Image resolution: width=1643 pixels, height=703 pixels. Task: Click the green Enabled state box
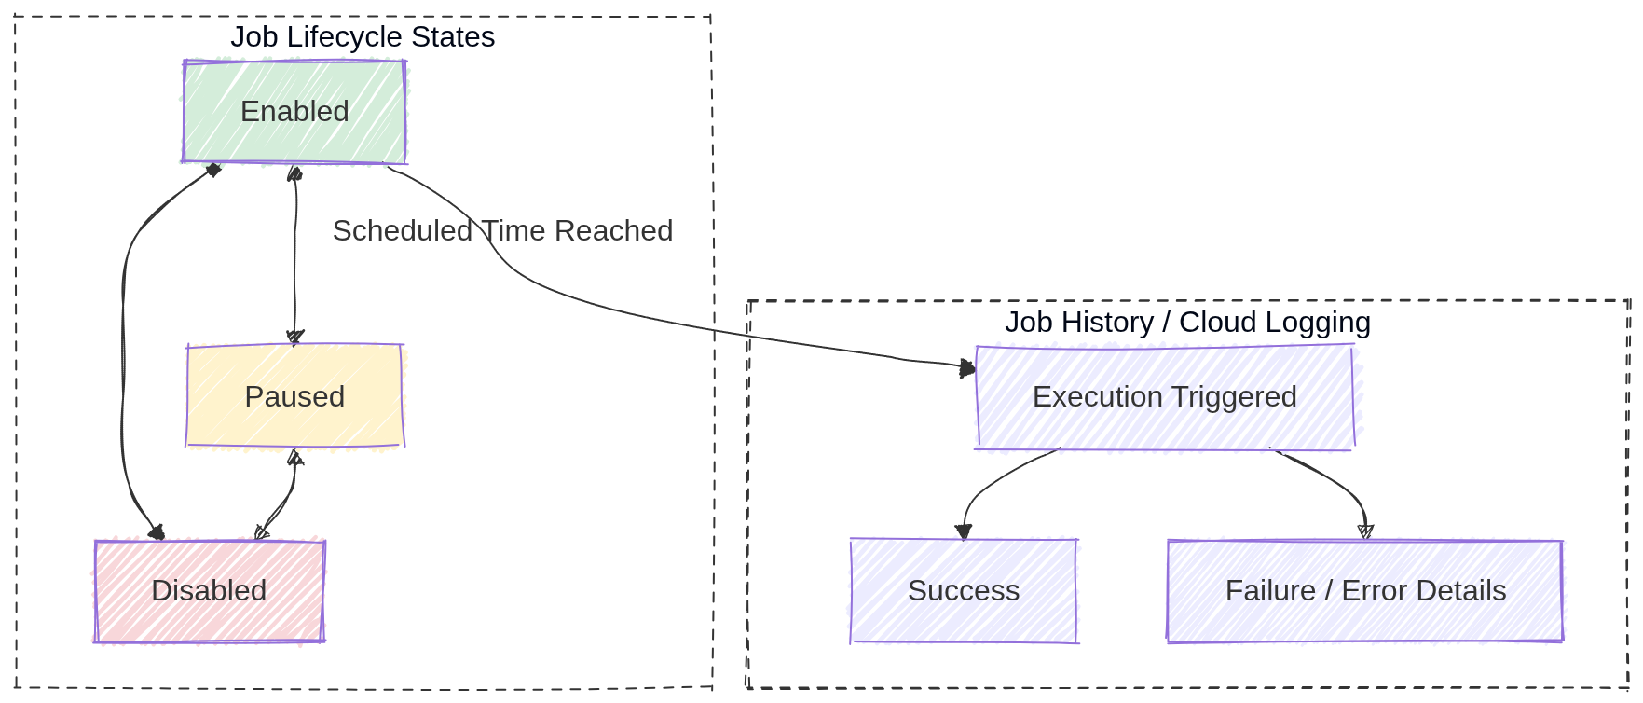point(294,112)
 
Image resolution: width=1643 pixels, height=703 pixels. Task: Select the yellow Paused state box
point(294,396)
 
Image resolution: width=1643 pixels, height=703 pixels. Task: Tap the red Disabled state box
point(209,591)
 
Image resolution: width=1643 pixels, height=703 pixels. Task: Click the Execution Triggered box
point(1164,397)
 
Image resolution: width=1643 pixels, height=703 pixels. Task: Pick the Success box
point(964,591)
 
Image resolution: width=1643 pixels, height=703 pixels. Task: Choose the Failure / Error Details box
point(1364,591)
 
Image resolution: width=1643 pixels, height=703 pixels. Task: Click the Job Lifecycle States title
point(363,37)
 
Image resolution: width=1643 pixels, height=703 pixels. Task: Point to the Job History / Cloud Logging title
point(1187,323)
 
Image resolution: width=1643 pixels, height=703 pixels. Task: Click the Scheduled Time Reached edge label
point(502,231)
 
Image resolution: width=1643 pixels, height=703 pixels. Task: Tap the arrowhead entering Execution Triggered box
point(967,368)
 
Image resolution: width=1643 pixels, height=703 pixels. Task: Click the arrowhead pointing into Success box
point(964,531)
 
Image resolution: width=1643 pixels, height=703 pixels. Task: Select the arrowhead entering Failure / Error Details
point(1365,531)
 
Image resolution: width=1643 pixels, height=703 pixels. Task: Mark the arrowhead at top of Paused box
point(295,337)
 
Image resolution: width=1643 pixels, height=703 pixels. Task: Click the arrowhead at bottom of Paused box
point(294,458)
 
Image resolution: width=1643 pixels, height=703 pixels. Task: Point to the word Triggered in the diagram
point(1235,397)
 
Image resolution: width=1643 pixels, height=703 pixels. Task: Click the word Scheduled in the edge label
point(403,231)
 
